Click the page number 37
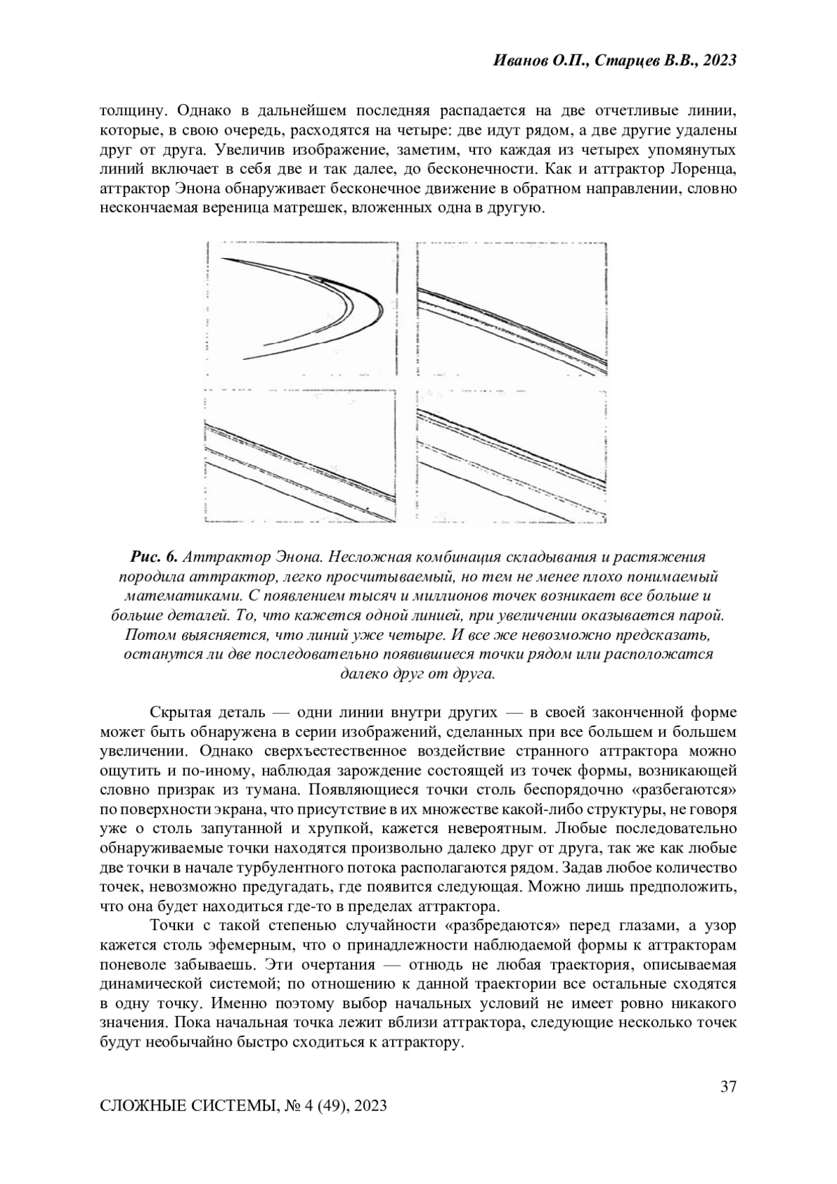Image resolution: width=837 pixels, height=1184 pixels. click(728, 1087)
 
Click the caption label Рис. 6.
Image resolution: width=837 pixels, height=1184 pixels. click(154, 557)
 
